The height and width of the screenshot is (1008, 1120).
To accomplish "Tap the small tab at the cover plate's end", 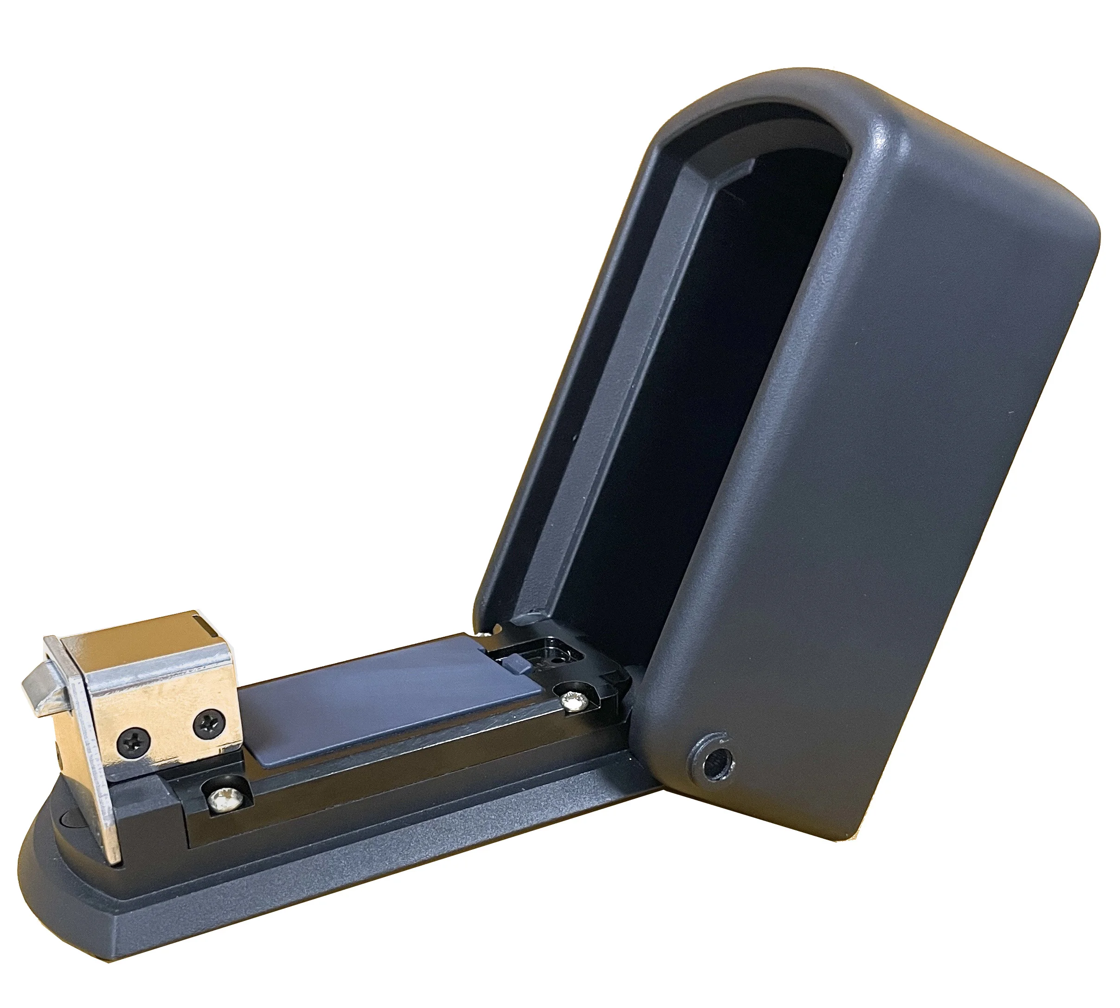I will coord(514,660).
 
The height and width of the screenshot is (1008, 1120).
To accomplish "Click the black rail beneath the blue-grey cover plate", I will coord(388,775).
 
